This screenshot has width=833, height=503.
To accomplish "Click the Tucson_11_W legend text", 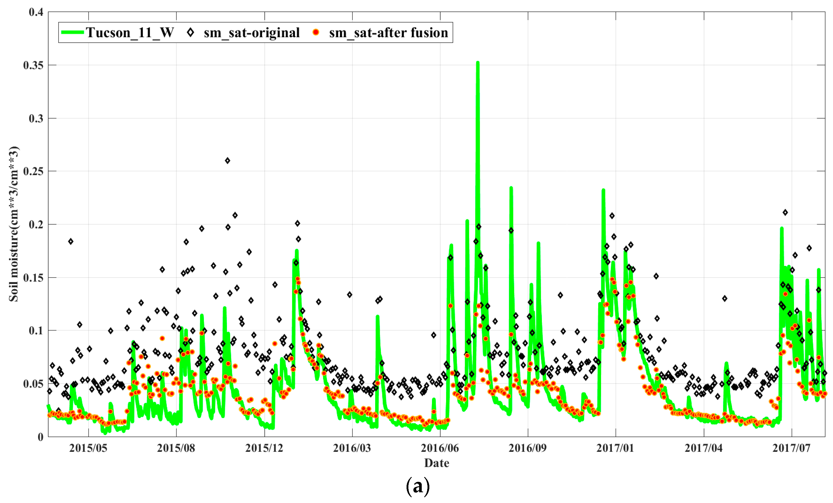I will pos(130,33).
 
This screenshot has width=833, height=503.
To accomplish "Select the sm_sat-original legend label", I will pos(252,33).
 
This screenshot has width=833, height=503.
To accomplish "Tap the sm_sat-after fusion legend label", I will pos(388,33).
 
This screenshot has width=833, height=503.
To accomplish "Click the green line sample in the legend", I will pos(72,32).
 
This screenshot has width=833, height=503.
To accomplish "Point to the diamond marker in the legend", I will pos(190,32).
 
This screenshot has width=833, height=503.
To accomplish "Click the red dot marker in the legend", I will pos(316,32).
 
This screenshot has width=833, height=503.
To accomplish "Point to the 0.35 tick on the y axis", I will pos(33,65).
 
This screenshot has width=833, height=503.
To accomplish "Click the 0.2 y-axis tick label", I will pos(36,225).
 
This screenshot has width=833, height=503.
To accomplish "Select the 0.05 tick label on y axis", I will pos(33,384).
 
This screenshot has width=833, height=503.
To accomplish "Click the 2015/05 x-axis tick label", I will pos(88,448).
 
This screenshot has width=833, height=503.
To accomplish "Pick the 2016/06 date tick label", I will pos(440,448).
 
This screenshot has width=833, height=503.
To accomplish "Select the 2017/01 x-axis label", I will pos(615,448).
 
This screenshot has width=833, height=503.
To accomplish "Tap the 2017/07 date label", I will pos(791,448).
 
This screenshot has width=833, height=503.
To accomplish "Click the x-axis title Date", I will pos(436,463).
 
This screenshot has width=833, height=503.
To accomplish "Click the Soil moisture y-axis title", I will pos(14,224).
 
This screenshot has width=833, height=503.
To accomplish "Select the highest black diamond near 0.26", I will pos(227,161).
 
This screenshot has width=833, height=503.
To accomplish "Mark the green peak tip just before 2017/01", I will pos(603,190).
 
